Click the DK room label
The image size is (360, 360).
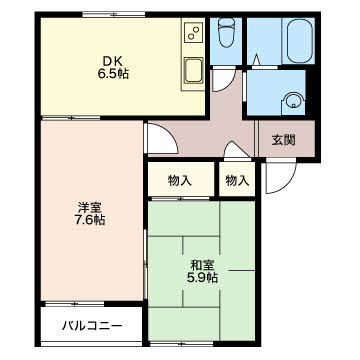[x=113, y=61]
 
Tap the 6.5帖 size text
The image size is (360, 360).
[x=113, y=73]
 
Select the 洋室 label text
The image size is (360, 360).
[x=90, y=208]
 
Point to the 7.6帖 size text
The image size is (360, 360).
[x=90, y=220]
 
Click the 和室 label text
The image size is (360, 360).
[x=202, y=266]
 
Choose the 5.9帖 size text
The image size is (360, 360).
[x=202, y=278]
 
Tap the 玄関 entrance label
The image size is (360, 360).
[x=283, y=140]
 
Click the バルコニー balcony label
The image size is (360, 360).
[x=92, y=325]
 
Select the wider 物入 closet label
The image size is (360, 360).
[x=180, y=181]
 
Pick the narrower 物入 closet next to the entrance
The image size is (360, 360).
[x=237, y=181]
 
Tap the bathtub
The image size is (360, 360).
[x=300, y=40]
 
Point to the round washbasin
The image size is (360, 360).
[x=294, y=100]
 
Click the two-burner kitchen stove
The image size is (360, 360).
[x=194, y=32]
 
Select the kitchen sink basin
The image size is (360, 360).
[x=194, y=71]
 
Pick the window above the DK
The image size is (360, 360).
[x=114, y=14]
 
